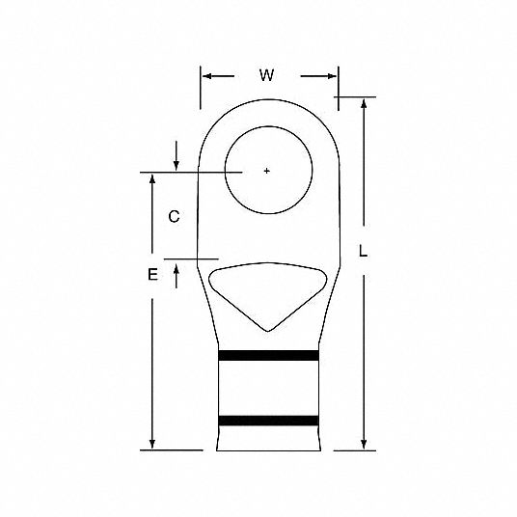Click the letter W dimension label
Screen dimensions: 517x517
coord(266,75)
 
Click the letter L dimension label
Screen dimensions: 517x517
coord(363,251)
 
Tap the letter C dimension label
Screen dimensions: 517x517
coord(174,217)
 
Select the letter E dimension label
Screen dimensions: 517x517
coord(152,274)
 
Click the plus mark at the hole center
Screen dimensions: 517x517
coord(267,171)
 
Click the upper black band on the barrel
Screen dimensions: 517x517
coord(268,355)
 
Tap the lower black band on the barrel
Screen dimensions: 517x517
coord(268,421)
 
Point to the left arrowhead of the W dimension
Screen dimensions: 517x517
coord(206,76)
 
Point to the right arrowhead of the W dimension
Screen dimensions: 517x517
coord(332,76)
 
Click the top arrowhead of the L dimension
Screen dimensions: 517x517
coord(364,103)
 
